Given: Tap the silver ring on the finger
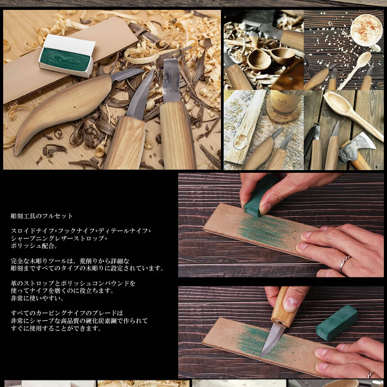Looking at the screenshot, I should tap(344, 264).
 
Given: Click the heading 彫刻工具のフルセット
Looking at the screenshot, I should tap(42, 216).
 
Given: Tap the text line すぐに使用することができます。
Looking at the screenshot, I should tap(56, 328).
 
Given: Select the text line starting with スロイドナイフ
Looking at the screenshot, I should tap(81, 230).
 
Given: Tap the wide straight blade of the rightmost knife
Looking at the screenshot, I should tap(171, 81).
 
